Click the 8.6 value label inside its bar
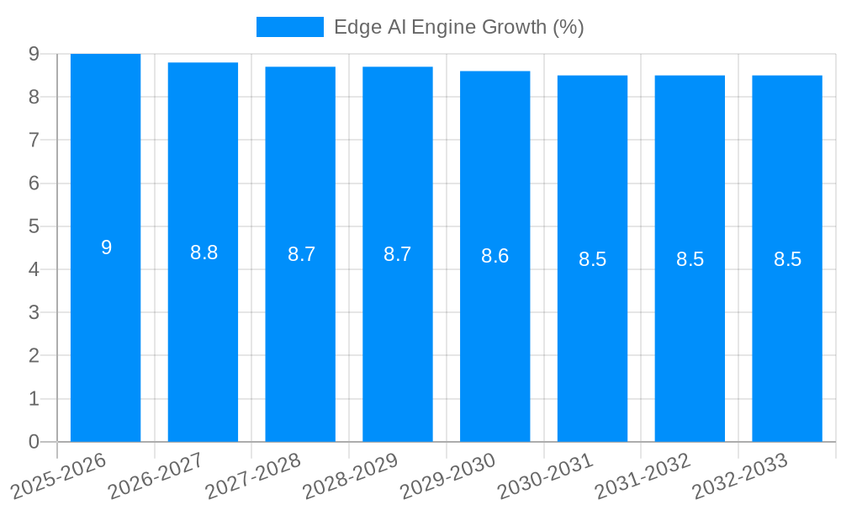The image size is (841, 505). pos(495,256)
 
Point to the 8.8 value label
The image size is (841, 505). pos(204,252)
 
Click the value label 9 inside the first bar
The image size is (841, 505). pos(106,247)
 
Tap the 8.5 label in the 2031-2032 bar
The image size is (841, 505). pos(690,259)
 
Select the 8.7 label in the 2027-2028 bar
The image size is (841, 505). pos(301,254)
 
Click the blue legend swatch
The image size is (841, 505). pos(289,27)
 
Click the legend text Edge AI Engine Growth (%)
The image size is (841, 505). pos(458,27)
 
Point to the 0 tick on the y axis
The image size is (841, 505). pos(34,441)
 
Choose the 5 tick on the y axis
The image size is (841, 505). pos(34,226)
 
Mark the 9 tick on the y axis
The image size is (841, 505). pos(34,54)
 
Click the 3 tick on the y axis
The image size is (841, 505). pos(34,312)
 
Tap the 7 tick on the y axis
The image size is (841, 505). pos(34,140)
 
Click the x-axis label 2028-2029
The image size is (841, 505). pos(351,476)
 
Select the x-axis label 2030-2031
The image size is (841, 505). pos(546,476)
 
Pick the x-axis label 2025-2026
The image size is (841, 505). pos(59,476)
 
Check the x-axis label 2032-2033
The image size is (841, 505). pos(740,476)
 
